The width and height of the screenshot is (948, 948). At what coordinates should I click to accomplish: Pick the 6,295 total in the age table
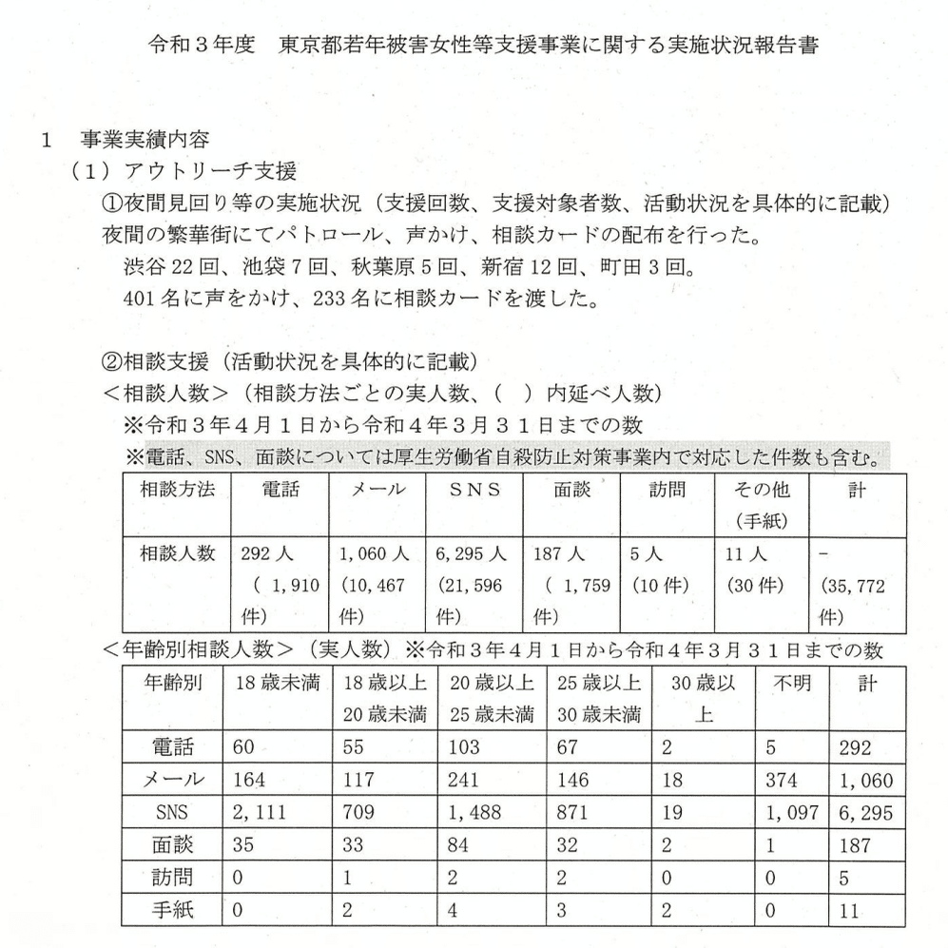pyautogui.click(x=862, y=813)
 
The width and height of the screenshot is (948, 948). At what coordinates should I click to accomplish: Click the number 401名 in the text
pyautogui.click(x=148, y=297)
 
